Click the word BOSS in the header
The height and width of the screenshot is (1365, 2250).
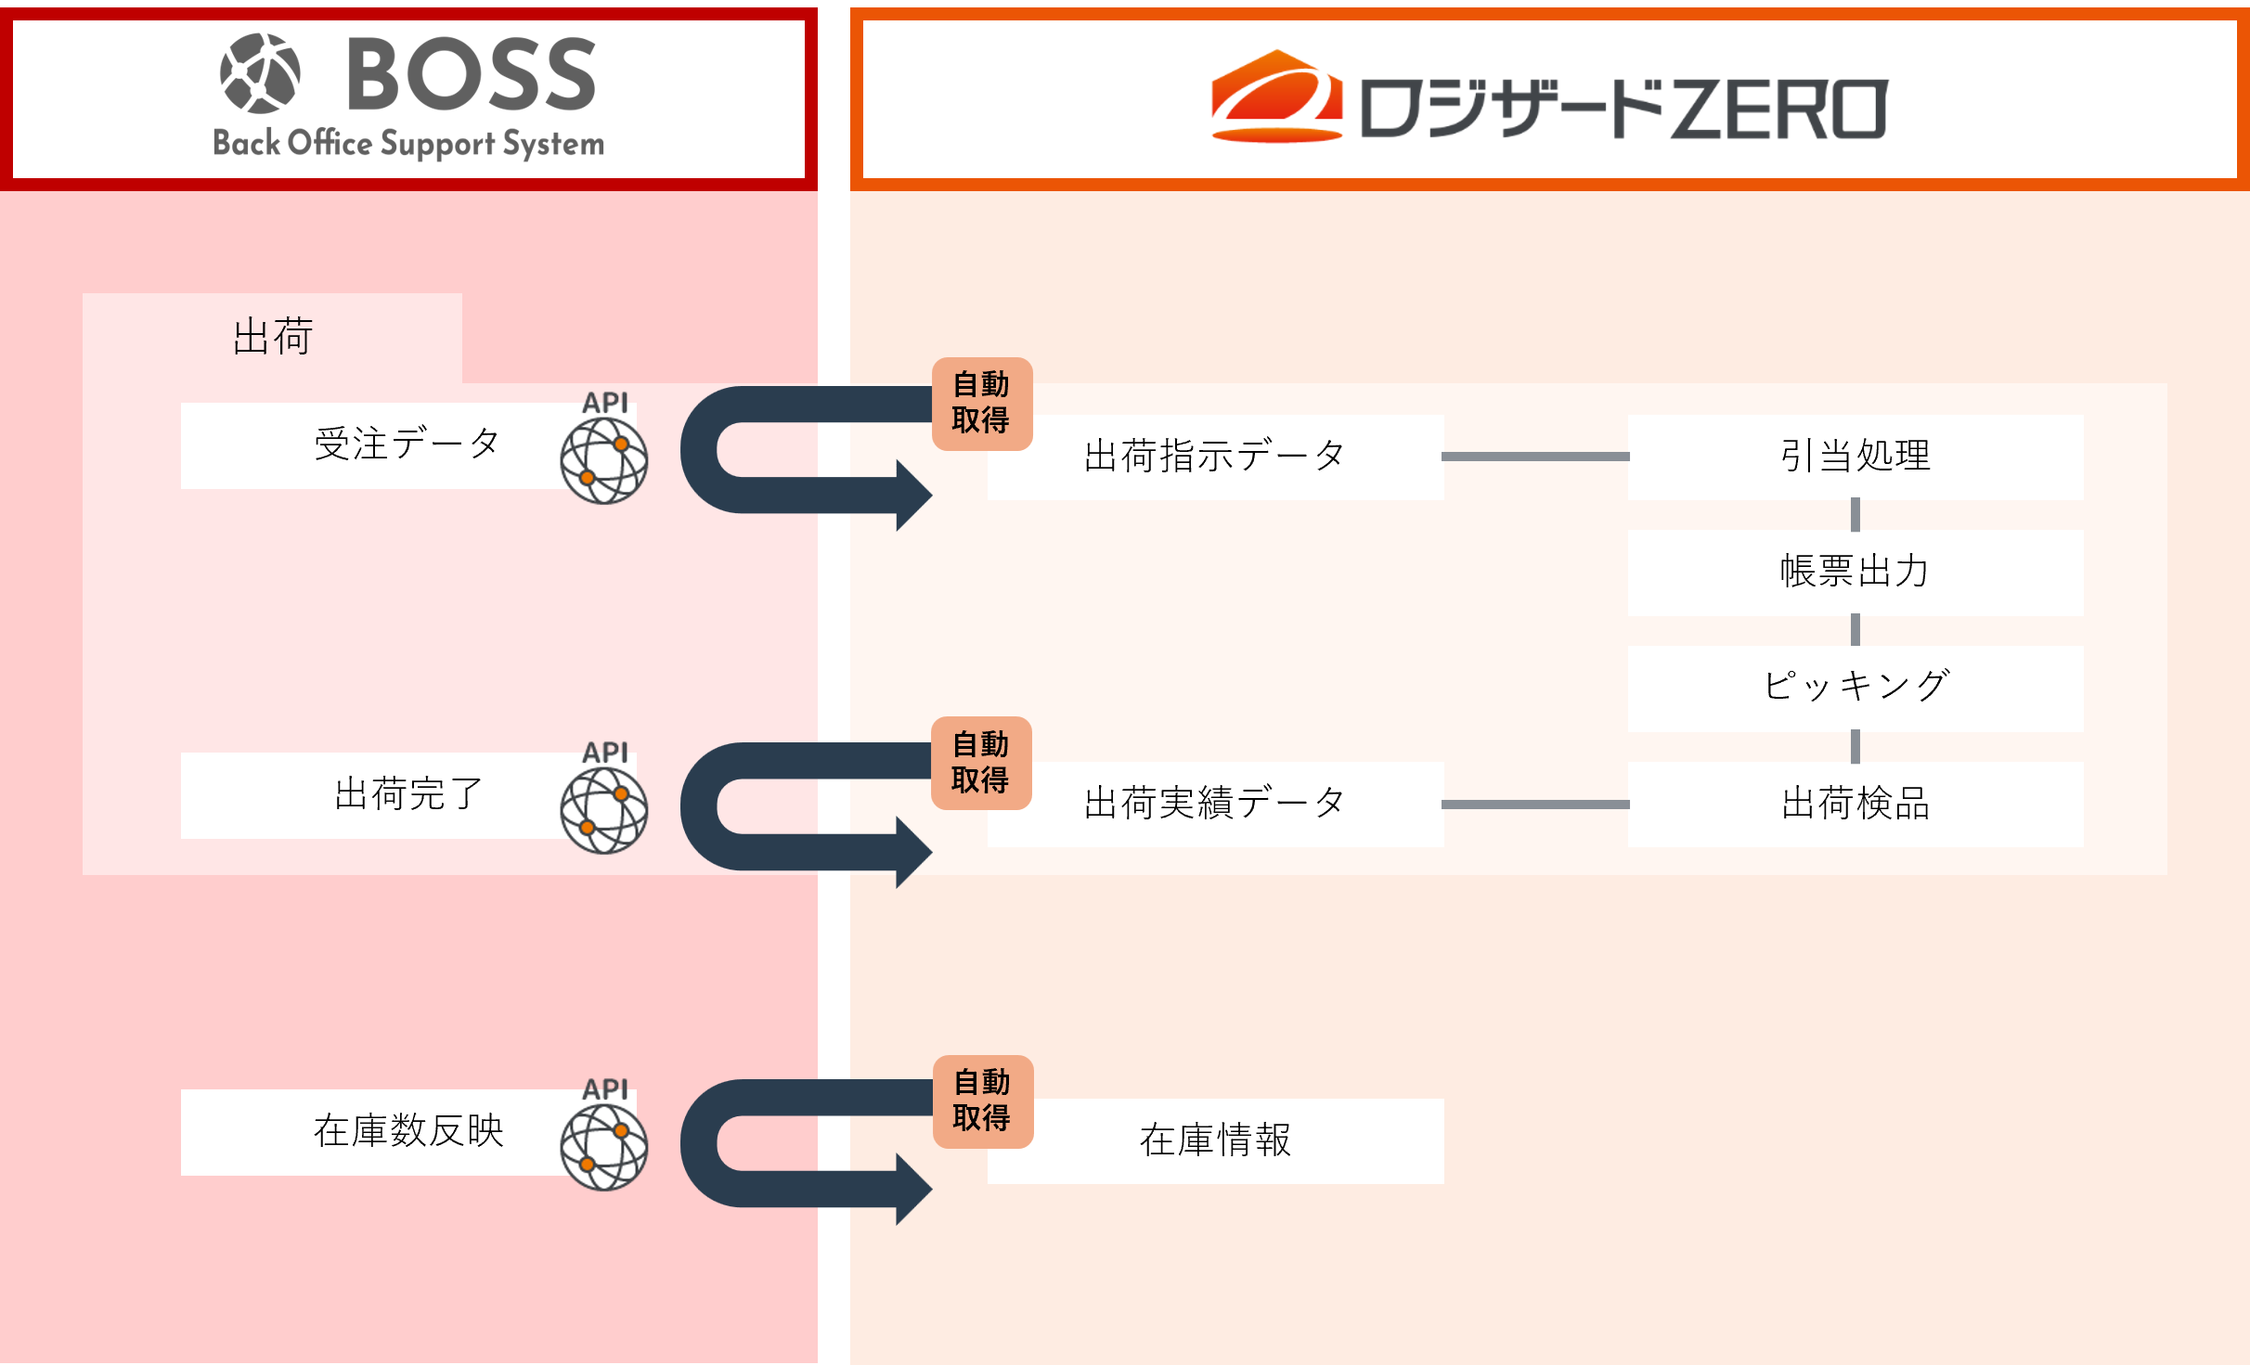tap(471, 74)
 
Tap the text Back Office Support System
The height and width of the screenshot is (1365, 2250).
tap(408, 144)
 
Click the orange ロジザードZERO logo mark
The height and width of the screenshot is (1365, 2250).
tap(1277, 97)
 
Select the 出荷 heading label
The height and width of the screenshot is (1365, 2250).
tap(272, 336)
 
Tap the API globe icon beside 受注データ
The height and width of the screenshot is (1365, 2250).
tap(603, 460)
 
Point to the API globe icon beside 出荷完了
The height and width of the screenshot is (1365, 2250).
tap(603, 810)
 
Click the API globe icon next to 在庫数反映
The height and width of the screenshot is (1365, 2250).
tap(603, 1147)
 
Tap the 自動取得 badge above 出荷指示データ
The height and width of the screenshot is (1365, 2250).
tap(981, 403)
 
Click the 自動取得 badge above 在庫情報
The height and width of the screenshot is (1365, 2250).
tap(982, 1101)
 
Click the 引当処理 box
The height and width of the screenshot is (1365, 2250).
tap(1855, 457)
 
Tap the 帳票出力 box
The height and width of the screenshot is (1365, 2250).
tap(1855, 572)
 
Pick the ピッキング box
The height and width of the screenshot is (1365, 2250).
tap(1855, 688)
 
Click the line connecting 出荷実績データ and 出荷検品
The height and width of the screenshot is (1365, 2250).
tap(1535, 805)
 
